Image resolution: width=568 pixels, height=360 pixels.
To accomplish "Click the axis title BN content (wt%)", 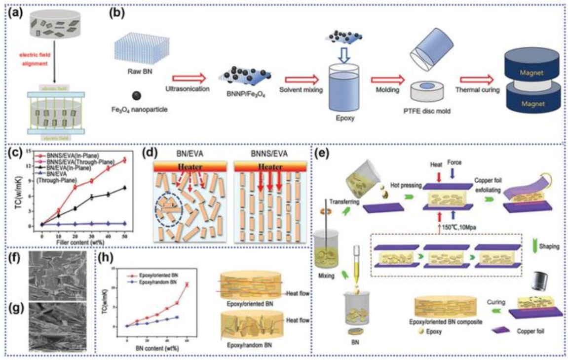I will click(159, 349).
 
